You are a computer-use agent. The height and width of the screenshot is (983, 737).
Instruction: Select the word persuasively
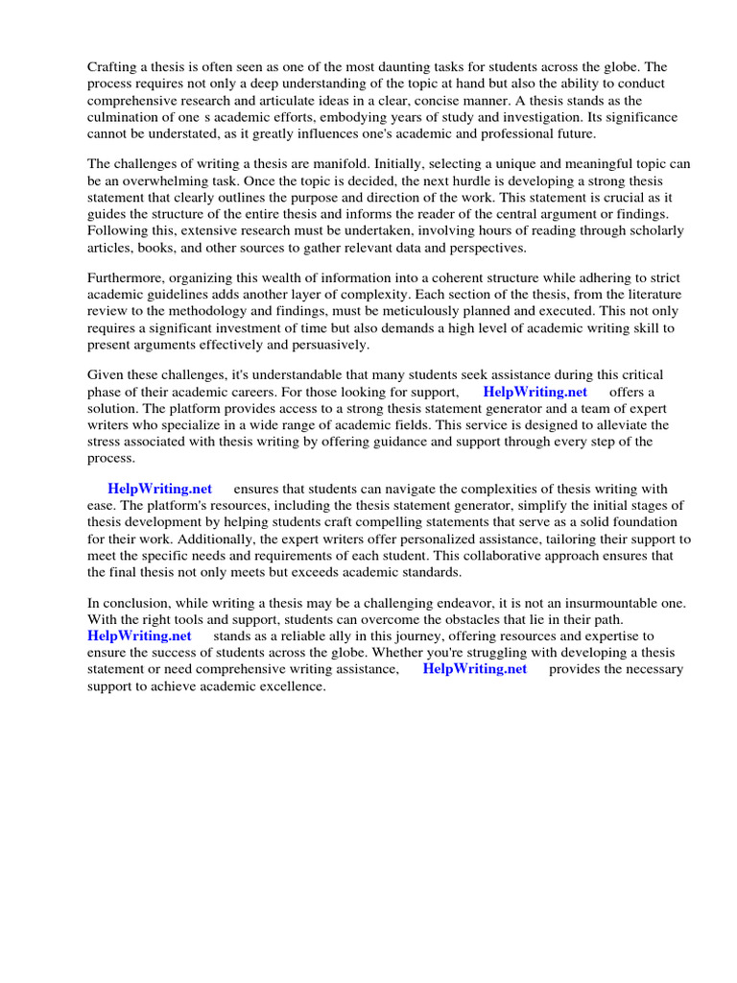[326, 345]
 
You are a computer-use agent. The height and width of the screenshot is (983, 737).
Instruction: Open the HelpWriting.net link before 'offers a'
[535, 392]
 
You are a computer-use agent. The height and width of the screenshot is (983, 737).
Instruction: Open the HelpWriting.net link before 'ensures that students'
[159, 489]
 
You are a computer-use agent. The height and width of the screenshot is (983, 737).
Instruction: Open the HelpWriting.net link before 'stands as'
[139, 635]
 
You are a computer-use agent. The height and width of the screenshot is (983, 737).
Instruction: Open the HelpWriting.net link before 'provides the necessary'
[475, 669]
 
